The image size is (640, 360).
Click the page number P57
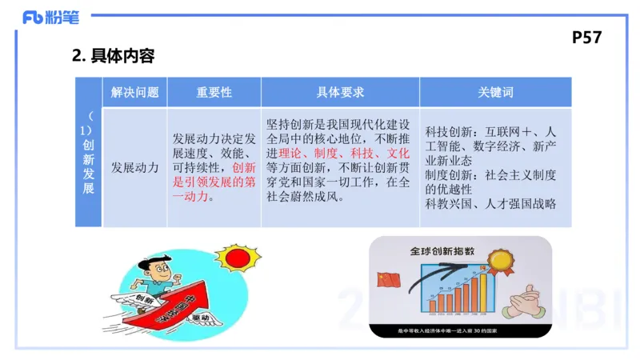[586, 37]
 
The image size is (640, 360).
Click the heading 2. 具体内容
[113, 56]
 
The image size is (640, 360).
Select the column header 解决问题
[134, 92]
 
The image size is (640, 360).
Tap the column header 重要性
[214, 92]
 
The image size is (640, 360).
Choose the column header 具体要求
[340, 92]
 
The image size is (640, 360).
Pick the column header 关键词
[495, 92]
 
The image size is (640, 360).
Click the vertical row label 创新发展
[88, 160]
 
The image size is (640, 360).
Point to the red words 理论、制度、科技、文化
[343, 153]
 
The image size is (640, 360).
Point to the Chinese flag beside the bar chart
[390, 281]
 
